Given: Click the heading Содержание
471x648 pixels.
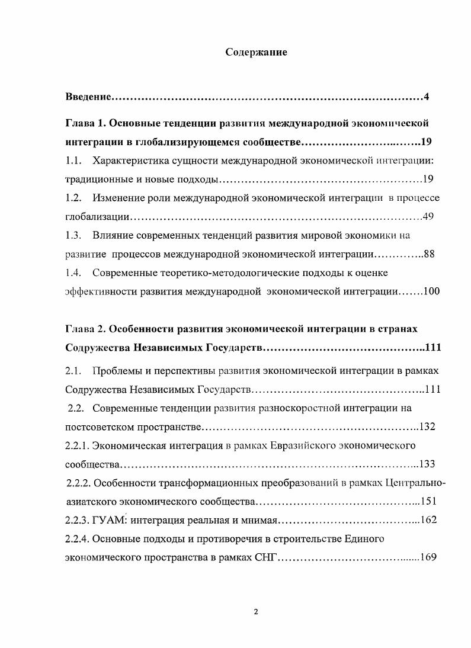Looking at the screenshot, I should (256, 53).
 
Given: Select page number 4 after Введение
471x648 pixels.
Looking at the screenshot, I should (426, 97).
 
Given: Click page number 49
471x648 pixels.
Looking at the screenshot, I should (428, 216).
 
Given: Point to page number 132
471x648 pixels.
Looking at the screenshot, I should (428, 426).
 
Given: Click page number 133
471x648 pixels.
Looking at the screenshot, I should (428, 463).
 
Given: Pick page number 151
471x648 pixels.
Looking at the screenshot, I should (428, 501).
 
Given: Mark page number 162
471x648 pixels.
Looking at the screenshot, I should (428, 520).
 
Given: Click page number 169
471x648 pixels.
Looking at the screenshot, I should (428, 557).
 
